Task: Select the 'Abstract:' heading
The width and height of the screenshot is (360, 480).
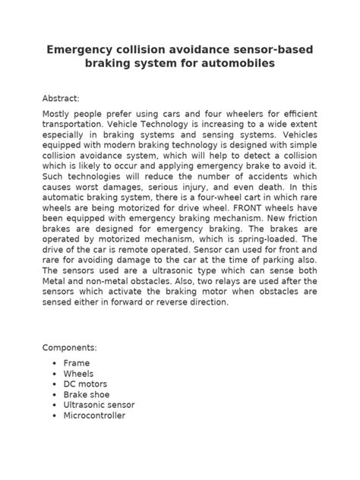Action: point(65,99)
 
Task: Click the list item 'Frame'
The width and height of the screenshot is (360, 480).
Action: point(77,364)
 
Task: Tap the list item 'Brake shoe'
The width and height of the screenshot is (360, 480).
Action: point(87,395)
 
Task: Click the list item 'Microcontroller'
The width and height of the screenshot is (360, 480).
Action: point(95,416)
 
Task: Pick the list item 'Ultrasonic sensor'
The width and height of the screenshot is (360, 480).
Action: point(99,406)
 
